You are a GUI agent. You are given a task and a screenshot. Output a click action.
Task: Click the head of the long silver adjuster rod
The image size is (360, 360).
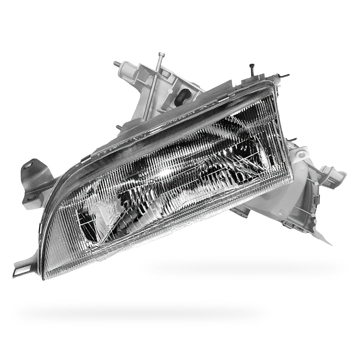tap(162, 54)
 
